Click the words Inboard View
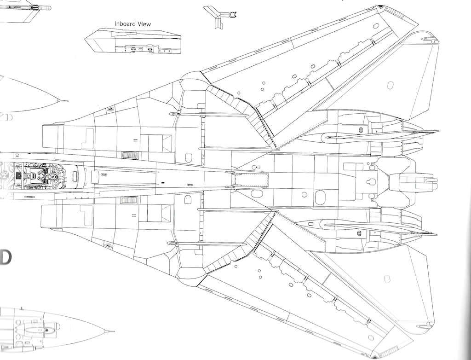tap(132, 23)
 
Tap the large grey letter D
tap(5, 258)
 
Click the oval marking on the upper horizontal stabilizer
tap(390, 85)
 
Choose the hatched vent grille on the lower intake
tap(129, 200)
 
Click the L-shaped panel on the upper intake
tap(88, 138)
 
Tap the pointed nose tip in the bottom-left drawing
tap(113, 331)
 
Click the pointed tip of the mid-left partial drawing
tap(67, 100)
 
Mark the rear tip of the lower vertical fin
tap(437, 234)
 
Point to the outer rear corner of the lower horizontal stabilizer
tap(433, 323)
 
